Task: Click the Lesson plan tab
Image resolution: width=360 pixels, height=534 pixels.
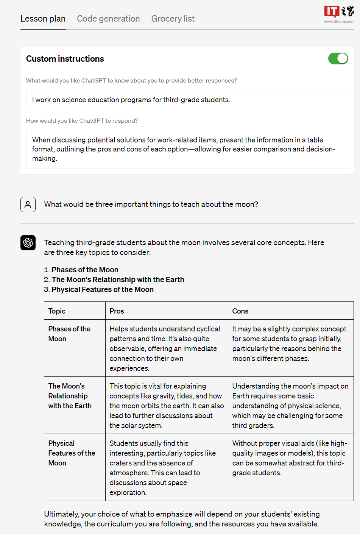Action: (x=43, y=19)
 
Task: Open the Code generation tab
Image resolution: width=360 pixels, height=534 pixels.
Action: (x=108, y=19)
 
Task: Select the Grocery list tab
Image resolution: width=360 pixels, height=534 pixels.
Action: (x=173, y=19)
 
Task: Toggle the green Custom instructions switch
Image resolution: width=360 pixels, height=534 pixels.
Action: (x=338, y=59)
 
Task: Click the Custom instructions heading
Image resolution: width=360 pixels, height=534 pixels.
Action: (x=65, y=59)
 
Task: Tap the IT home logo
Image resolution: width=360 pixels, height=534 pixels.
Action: (x=339, y=14)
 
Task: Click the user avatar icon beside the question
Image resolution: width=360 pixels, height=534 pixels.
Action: (x=28, y=205)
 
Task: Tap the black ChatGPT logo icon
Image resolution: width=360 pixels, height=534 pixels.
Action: (x=28, y=243)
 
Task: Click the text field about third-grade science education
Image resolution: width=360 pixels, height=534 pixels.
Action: (x=187, y=100)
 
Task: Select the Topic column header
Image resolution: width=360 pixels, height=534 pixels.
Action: (x=57, y=311)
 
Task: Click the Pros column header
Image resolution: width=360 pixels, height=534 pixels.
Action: (x=117, y=311)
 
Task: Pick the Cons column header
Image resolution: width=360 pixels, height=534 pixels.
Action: (x=240, y=311)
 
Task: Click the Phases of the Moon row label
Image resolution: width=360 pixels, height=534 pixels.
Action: (x=69, y=334)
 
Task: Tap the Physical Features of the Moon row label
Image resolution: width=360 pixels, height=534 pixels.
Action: (x=72, y=453)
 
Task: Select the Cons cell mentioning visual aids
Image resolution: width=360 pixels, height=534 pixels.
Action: (x=290, y=458)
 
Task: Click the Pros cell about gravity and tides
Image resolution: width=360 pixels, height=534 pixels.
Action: (x=166, y=406)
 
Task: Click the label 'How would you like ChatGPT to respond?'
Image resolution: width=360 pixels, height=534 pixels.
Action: (x=82, y=121)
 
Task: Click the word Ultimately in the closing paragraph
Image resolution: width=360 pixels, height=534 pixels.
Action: (x=61, y=514)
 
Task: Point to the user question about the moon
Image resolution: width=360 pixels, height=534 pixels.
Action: (x=151, y=205)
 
